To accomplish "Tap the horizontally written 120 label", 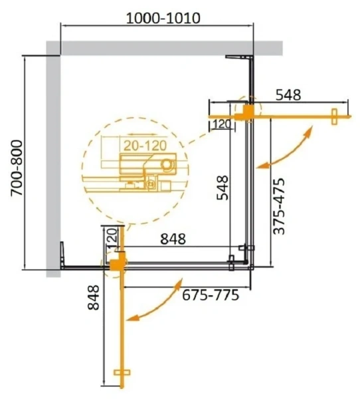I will (x=221, y=124).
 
